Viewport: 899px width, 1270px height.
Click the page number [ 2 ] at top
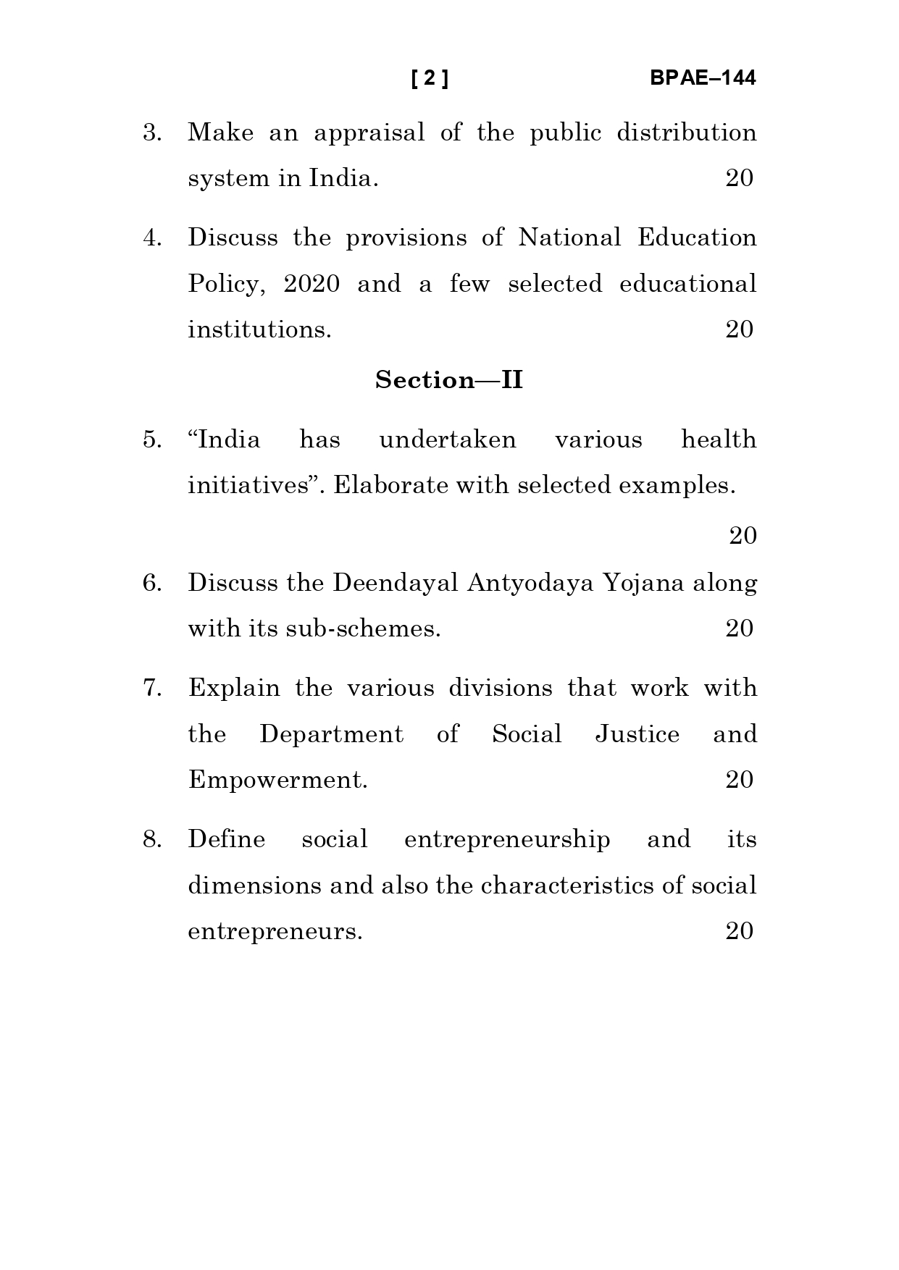430,78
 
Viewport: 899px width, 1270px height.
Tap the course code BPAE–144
702,78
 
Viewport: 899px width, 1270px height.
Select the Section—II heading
449,380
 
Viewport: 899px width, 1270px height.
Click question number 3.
152,133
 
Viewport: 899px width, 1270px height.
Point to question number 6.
152,583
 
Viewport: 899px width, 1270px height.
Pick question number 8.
152,839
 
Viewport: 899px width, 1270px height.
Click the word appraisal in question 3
369,134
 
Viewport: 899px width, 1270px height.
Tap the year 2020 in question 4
311,284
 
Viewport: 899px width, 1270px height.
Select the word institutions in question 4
259,330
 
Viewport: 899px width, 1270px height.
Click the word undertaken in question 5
448,440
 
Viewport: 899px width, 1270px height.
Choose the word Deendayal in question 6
395,584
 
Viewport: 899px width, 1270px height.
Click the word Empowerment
277,781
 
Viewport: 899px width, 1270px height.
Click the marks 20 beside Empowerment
739,780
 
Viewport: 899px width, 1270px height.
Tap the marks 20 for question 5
743,536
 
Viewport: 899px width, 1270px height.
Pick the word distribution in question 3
686,133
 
